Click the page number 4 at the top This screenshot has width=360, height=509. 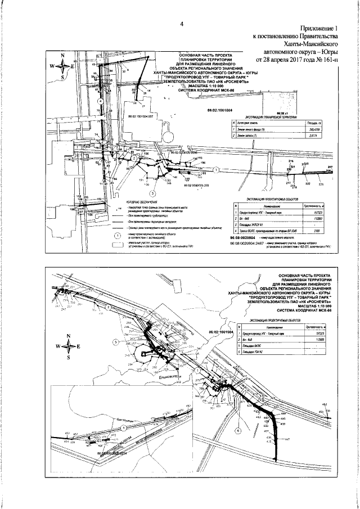click(182, 24)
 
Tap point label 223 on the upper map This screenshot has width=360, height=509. click(321, 184)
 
